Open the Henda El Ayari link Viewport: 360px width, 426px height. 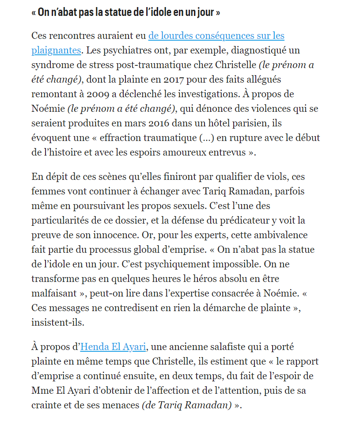(x=113, y=347)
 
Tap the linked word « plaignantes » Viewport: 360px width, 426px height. (x=56, y=50)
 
